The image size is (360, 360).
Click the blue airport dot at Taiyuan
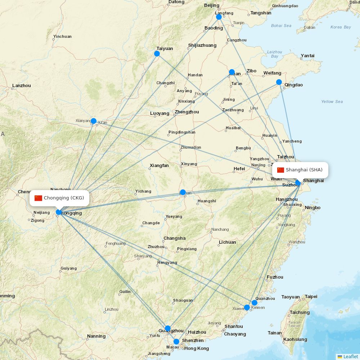click(157, 54)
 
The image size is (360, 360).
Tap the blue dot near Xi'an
click(94, 121)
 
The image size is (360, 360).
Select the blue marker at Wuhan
click(183, 192)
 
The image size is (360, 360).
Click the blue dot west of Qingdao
click(279, 82)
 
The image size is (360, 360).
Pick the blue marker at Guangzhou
click(168, 328)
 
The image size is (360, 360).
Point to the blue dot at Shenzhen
click(176, 342)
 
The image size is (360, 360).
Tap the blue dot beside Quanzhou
click(255, 302)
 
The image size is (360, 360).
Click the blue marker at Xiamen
click(247, 307)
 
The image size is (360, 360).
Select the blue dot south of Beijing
click(219, 17)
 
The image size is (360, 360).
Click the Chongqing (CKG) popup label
click(59, 198)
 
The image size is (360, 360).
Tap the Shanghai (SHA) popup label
click(300, 170)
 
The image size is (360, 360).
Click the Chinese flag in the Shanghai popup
click(281, 170)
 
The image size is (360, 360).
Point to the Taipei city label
click(311, 297)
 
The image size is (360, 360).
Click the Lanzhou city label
click(22, 86)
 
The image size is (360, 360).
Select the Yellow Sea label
click(332, 102)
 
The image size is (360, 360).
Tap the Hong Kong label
click(197, 348)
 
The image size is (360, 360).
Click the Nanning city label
click(96, 336)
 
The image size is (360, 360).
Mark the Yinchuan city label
click(62, 36)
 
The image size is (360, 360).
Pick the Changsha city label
click(175, 238)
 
